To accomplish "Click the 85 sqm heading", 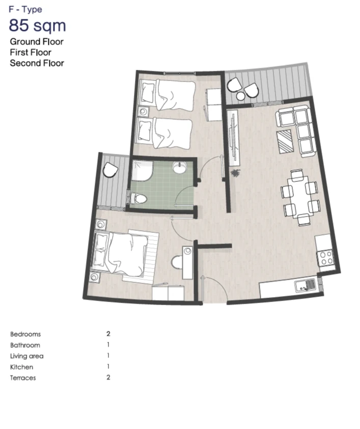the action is [x=38, y=25].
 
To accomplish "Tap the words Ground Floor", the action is [x=37, y=42].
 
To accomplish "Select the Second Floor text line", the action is [x=37, y=63].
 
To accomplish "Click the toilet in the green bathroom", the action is [x=139, y=198].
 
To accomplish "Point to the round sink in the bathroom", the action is [x=180, y=167].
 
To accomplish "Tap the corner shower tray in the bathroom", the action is [x=142, y=171].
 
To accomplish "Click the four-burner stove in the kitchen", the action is [x=325, y=258].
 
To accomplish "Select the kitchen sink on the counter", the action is [x=306, y=285].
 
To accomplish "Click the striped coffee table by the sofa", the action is [x=285, y=142].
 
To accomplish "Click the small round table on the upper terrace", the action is [x=240, y=96].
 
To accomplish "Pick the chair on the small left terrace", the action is [x=110, y=170].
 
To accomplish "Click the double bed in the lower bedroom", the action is [x=120, y=254].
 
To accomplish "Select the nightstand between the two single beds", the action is [x=143, y=112].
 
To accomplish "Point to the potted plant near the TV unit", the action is [x=235, y=173].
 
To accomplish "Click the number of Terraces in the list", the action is [x=108, y=378].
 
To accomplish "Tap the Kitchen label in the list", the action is [x=21, y=367].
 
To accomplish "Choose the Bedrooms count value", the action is [x=108, y=334].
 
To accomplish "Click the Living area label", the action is [x=27, y=356].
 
